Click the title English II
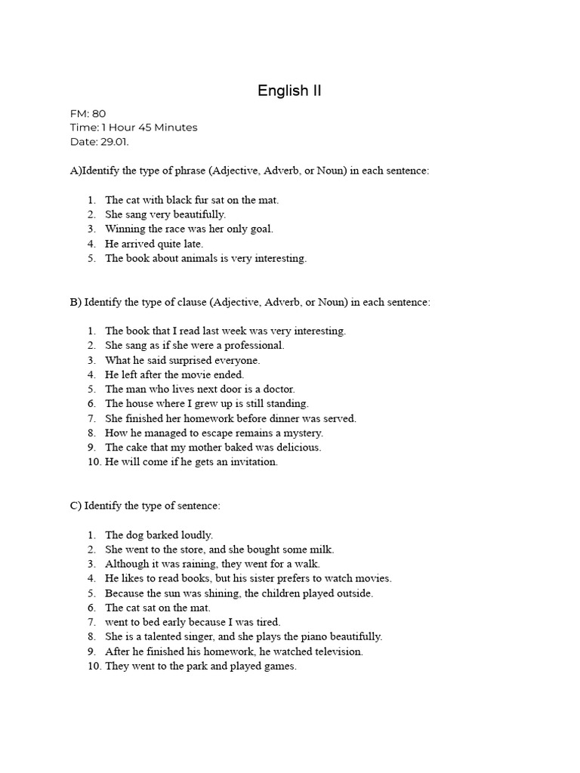pos(289,91)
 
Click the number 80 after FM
pos(99,114)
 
